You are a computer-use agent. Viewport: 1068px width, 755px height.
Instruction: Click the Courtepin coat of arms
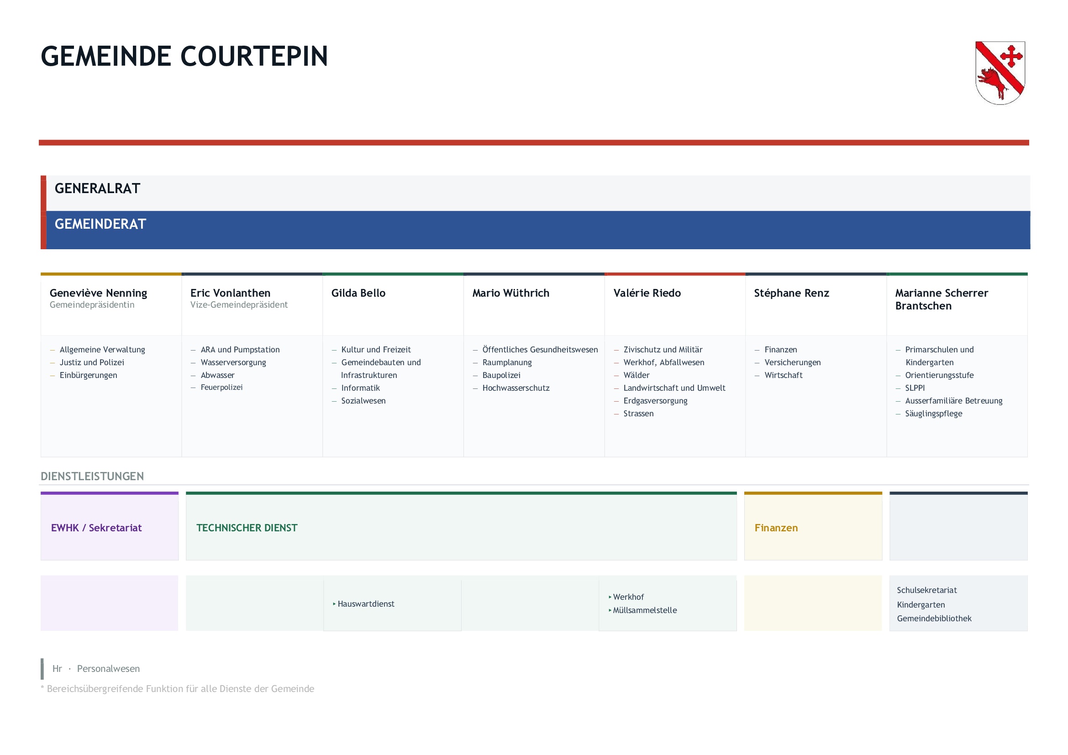[x=1000, y=73]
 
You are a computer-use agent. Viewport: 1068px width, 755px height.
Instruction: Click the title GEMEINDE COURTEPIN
[x=184, y=56]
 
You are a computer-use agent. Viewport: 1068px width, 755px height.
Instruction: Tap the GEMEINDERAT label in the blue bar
[x=100, y=224]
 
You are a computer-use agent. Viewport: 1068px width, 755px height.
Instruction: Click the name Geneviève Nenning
[x=98, y=293]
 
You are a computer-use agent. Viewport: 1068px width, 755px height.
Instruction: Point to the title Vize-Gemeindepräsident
[x=239, y=304]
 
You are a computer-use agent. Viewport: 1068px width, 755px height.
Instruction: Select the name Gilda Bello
[x=358, y=293]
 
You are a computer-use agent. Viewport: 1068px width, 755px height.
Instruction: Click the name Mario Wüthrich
[x=511, y=293]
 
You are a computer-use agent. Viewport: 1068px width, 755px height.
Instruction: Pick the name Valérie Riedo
[x=647, y=293]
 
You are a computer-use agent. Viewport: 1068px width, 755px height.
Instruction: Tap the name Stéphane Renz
[x=791, y=293]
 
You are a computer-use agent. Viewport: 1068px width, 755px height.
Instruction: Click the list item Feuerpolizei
[x=221, y=387]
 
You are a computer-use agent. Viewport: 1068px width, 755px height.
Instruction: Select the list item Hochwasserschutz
[x=516, y=388]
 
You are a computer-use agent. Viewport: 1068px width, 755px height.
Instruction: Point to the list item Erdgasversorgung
[x=655, y=401]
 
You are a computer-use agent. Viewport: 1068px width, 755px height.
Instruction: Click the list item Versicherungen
[x=793, y=362]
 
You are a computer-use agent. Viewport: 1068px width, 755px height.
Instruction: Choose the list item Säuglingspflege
[x=934, y=414]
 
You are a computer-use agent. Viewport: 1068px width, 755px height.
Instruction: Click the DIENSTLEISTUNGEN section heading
[x=92, y=476]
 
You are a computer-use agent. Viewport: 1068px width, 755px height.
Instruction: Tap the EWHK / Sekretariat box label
[x=96, y=528]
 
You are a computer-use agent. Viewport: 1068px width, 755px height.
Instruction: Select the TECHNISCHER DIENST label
[x=247, y=528]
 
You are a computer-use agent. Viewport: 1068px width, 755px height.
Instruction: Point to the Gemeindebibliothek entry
[x=934, y=619]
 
